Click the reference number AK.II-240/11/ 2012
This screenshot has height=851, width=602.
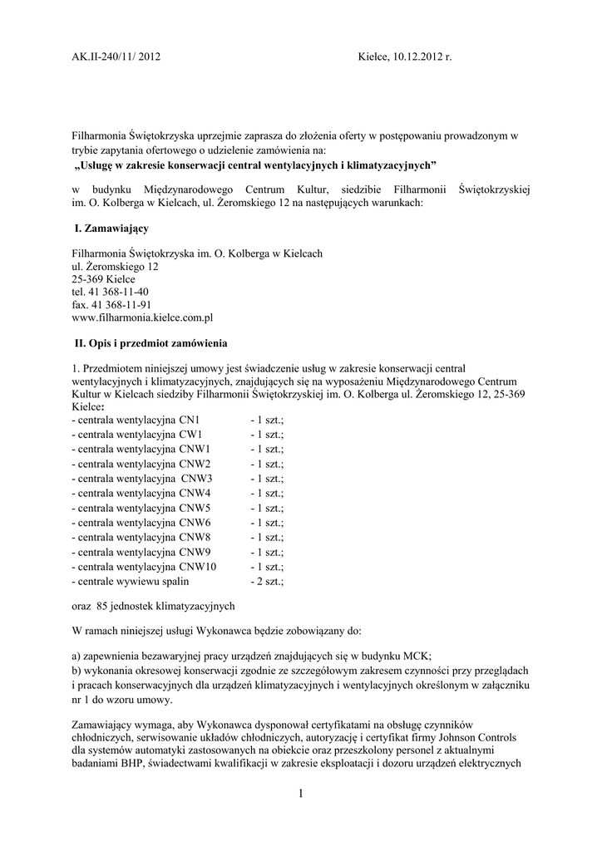tap(116, 58)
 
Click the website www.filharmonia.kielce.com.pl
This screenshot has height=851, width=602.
tap(143, 317)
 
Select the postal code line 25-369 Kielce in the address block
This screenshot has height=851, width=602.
tap(103, 279)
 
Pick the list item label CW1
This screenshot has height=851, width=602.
tap(191, 434)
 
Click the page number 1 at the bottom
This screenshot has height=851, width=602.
tap(301, 795)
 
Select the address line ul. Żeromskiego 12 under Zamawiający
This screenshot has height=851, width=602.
tap(115, 267)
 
